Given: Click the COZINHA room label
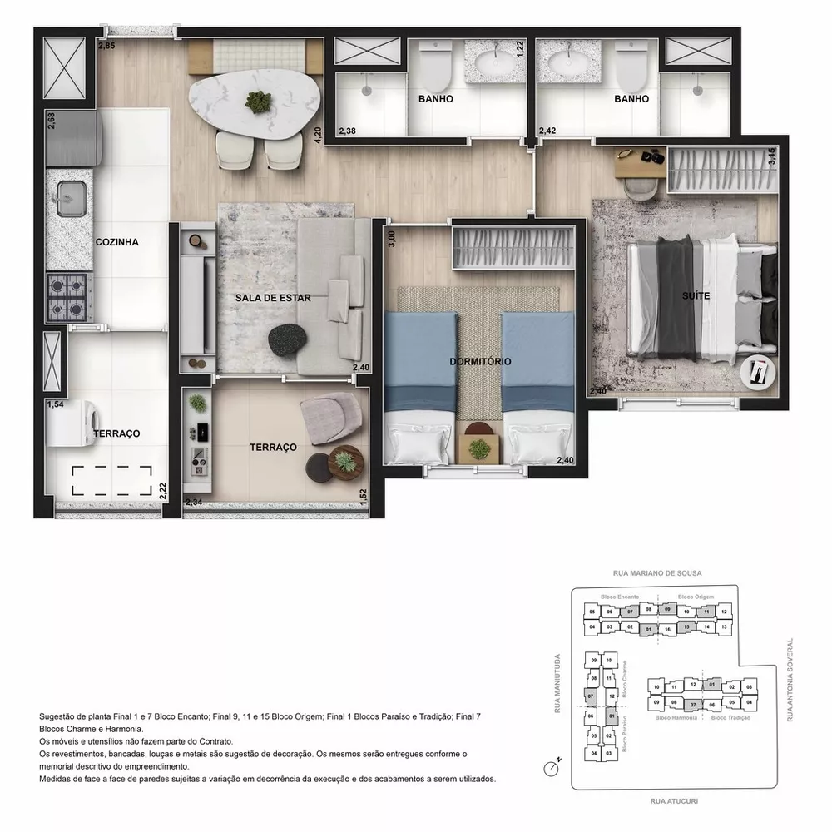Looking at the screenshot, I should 116,242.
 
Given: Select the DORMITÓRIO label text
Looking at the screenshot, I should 479,362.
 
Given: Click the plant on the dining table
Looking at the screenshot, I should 258,102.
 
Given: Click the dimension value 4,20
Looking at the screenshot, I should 317,136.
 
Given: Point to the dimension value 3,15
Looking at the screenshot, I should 771,156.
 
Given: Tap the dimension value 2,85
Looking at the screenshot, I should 106,45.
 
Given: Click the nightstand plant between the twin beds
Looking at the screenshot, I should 479,448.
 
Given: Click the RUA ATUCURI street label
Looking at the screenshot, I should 675,801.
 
